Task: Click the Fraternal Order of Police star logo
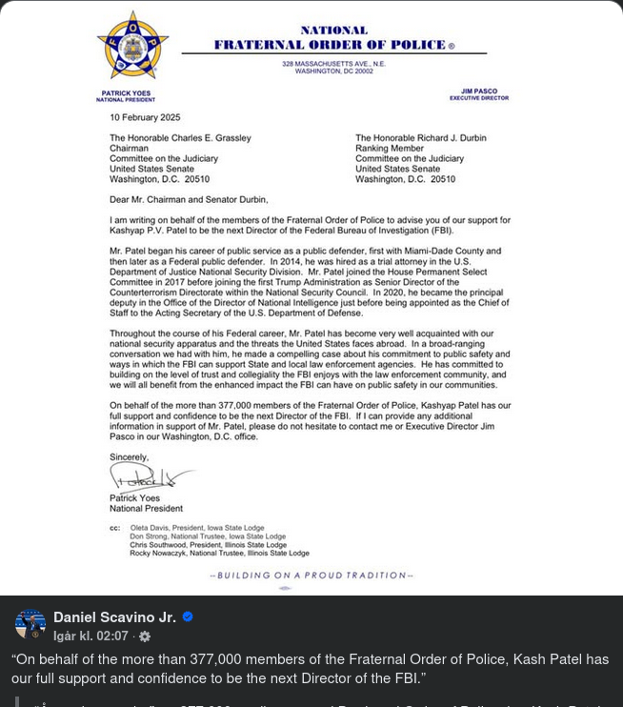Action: click(x=132, y=47)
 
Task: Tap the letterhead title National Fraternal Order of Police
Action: click(x=333, y=38)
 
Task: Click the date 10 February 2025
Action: click(x=145, y=117)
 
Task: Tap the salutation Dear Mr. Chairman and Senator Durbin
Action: click(x=190, y=199)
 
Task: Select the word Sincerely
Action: click(x=130, y=457)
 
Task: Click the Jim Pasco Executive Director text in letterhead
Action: click(x=479, y=94)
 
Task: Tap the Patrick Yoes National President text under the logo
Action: click(x=125, y=95)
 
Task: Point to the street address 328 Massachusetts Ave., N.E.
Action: click(x=333, y=64)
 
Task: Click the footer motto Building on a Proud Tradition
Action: click(x=311, y=576)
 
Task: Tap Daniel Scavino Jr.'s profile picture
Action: click(x=30, y=624)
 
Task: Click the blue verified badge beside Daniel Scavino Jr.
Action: click(x=188, y=616)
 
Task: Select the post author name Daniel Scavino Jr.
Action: click(x=114, y=617)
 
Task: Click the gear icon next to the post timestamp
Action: click(x=145, y=636)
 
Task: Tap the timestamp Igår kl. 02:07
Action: click(x=90, y=636)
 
